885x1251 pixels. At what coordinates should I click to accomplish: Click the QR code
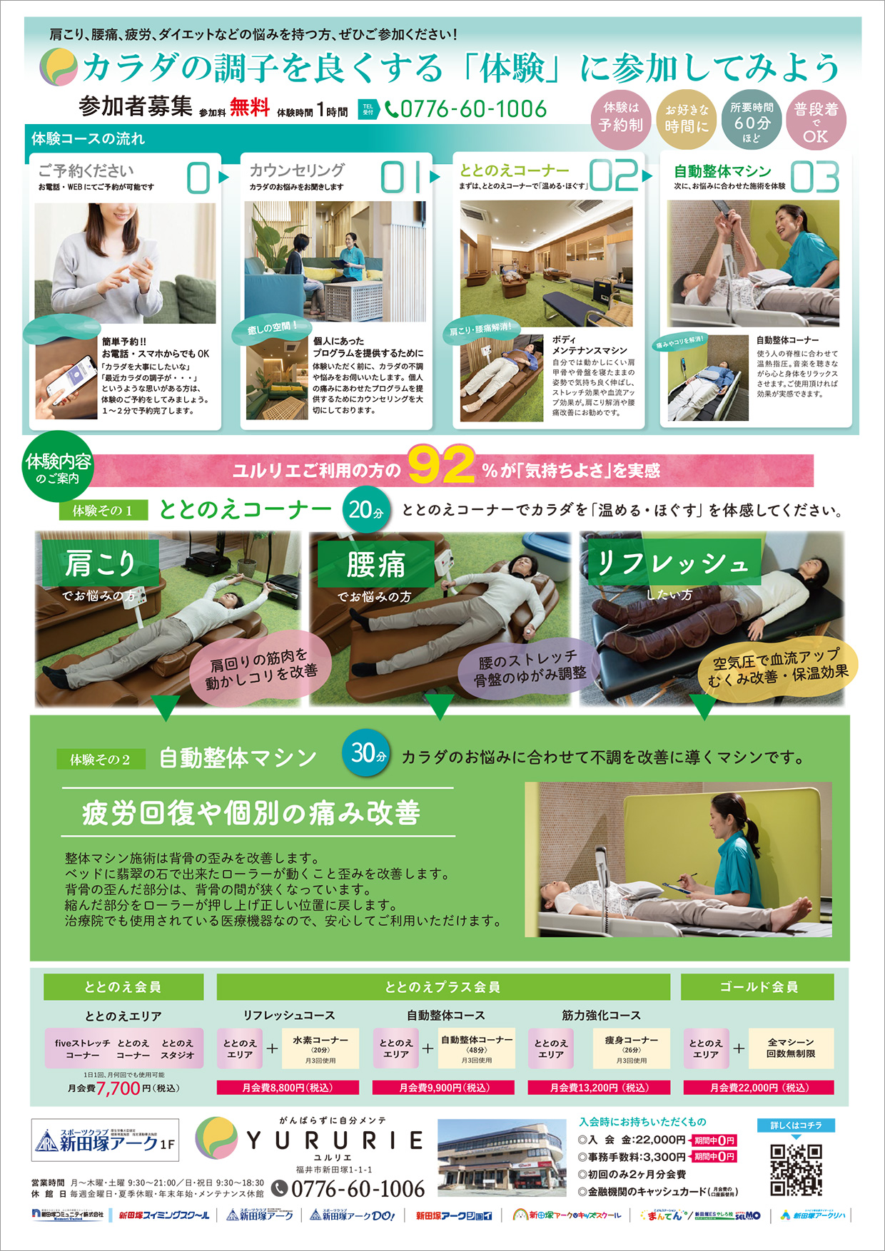796,1170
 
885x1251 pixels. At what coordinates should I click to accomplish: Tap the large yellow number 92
441,466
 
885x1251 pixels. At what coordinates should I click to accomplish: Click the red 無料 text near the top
250,108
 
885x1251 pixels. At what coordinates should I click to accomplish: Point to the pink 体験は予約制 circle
620,118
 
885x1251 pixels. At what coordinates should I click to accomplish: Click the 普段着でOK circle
816,121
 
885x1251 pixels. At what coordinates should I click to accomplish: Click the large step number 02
613,176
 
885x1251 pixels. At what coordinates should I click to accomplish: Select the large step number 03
814,177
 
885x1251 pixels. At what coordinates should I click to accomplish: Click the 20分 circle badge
366,510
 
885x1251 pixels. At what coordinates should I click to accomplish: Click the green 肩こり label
100,564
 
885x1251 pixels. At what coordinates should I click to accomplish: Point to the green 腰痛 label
375,564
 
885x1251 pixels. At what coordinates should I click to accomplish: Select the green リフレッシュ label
671,563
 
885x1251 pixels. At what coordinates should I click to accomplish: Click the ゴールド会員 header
758,987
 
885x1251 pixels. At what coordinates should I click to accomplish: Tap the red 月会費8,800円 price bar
288,1088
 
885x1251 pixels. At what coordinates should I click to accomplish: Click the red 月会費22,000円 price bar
758,1088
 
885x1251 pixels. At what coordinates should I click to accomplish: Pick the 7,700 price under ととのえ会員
118,1088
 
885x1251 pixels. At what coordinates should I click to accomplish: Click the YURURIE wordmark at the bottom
334,1141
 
